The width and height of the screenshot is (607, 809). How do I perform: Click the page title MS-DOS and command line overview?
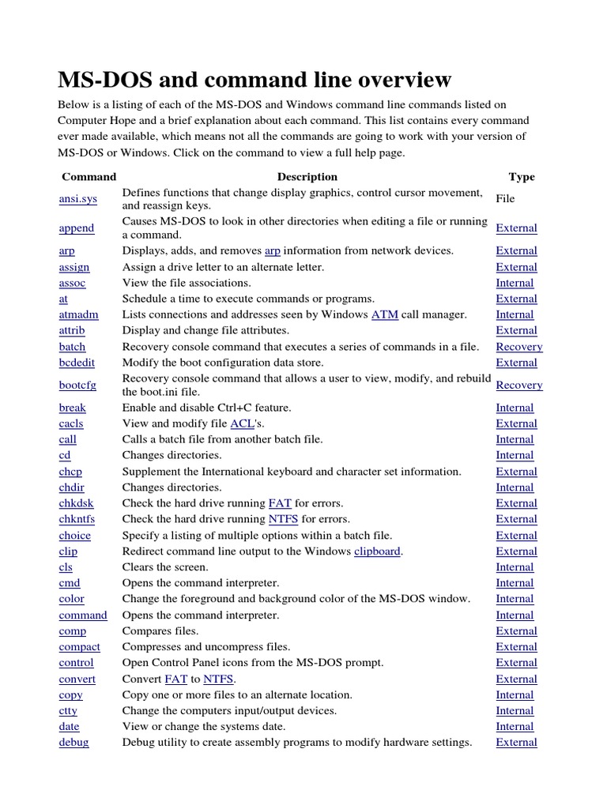[254, 80]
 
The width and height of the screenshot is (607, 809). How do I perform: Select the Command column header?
[89, 177]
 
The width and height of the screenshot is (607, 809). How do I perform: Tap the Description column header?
[307, 177]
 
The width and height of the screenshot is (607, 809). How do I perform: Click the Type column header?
[521, 177]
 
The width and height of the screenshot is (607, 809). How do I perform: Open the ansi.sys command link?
[78, 199]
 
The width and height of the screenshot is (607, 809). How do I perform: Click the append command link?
[77, 228]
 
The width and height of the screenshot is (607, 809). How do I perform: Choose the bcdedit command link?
[77, 363]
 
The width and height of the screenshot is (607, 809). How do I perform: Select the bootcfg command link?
[77, 386]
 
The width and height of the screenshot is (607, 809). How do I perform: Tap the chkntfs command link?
[77, 519]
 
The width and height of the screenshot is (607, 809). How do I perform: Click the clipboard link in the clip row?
[378, 551]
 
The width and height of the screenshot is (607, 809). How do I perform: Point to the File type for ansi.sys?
[505, 199]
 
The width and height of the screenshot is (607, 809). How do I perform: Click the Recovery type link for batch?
[518, 347]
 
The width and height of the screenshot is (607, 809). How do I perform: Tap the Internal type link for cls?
[515, 567]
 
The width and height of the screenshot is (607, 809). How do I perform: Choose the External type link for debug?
[516, 742]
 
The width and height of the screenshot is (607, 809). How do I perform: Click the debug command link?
[74, 742]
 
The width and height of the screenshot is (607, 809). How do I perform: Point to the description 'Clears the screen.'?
[165, 567]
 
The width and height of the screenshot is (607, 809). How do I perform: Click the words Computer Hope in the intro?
[94, 120]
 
